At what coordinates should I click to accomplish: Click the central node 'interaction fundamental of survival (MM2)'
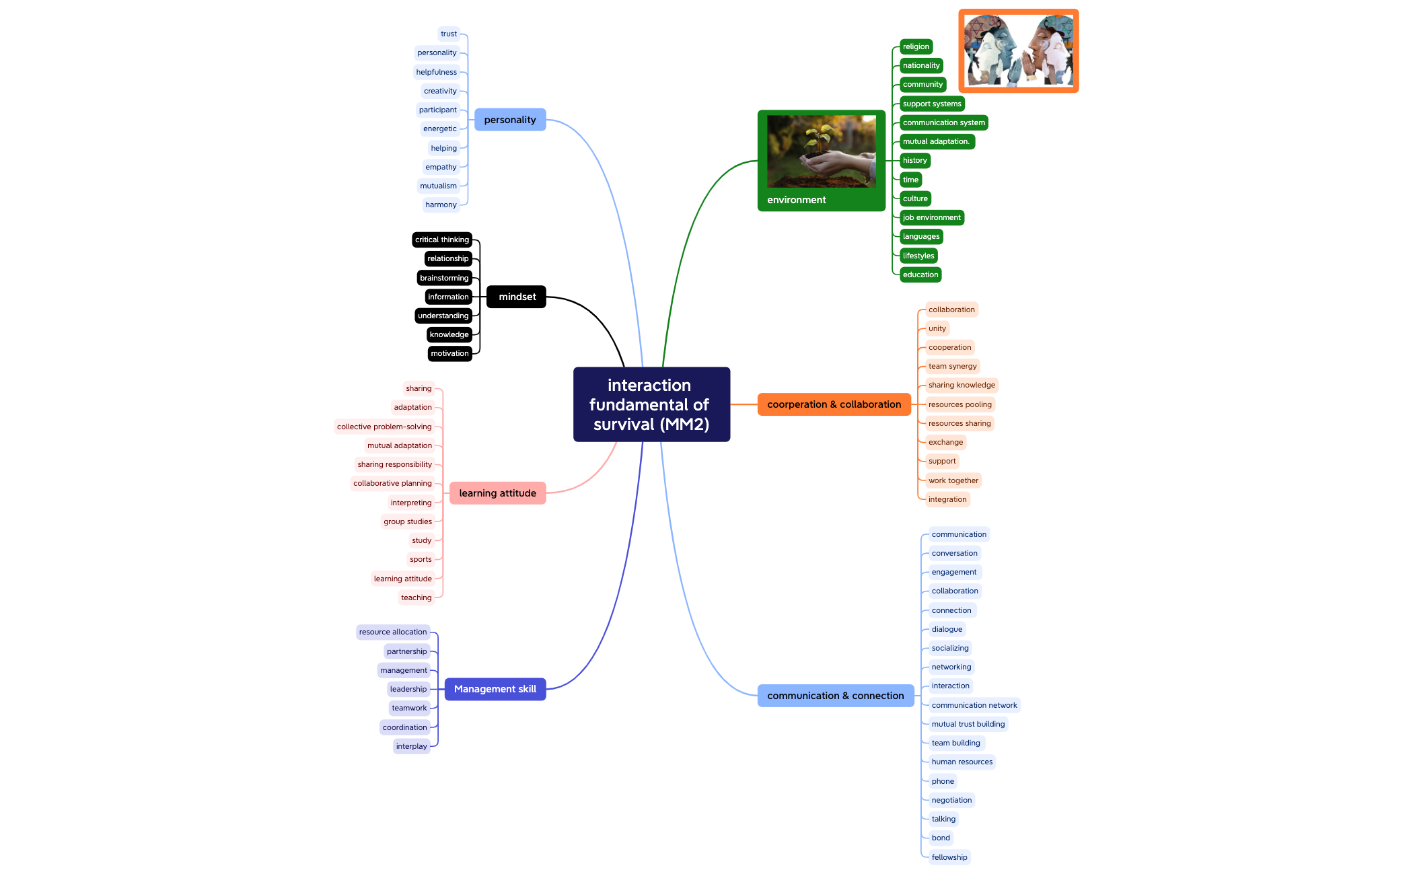tap(651, 404)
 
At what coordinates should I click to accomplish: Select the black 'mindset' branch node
tap(516, 297)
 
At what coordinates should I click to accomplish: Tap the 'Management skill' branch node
tap(495, 689)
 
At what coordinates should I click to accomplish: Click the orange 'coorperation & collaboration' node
tap(834, 404)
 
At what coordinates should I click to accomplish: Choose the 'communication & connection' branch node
tap(836, 696)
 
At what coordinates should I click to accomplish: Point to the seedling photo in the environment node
tap(822, 151)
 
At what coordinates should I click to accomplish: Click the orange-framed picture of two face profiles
tap(1019, 51)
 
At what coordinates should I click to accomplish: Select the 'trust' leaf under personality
tap(449, 34)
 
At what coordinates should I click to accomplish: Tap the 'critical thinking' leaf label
tap(442, 240)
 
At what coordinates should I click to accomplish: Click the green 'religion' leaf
tap(916, 46)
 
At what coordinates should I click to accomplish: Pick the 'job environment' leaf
tap(932, 217)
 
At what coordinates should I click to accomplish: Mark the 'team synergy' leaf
tap(953, 366)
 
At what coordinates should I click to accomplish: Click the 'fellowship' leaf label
tap(949, 857)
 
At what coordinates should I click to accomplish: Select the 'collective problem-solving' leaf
tap(384, 427)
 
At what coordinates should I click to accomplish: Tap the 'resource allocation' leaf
tap(393, 632)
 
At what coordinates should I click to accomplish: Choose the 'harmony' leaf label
tap(441, 205)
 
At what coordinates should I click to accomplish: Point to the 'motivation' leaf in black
tap(449, 353)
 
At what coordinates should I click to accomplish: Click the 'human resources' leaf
tap(962, 762)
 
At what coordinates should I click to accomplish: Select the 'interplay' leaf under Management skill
tap(412, 746)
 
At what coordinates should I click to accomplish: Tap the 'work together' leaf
tap(953, 480)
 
